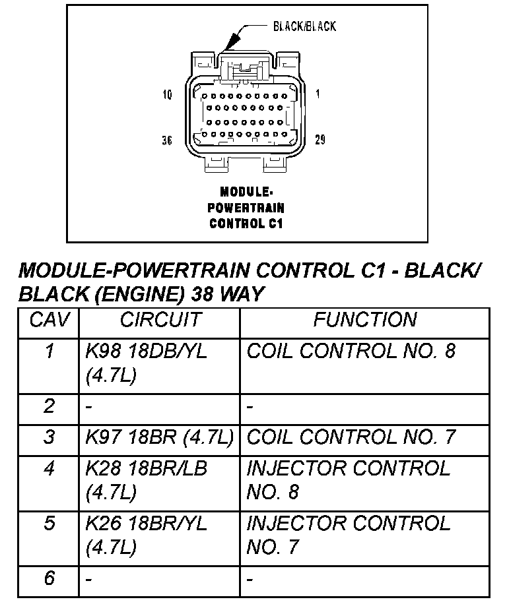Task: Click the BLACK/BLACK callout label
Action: click(x=304, y=26)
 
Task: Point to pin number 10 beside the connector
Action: click(x=167, y=95)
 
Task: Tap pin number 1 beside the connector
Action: click(x=318, y=94)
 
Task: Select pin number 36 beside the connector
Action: click(x=167, y=140)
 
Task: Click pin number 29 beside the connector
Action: click(x=320, y=140)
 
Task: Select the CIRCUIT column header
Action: click(x=159, y=321)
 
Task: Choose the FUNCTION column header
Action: click(x=364, y=321)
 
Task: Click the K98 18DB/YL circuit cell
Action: click(x=146, y=363)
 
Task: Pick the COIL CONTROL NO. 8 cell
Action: click(x=351, y=351)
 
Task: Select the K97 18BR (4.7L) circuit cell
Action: click(x=159, y=437)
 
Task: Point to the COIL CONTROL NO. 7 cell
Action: click(x=351, y=437)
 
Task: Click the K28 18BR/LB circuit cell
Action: click(x=146, y=480)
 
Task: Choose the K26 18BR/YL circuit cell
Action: click(x=146, y=535)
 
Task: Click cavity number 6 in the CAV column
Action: click(x=49, y=578)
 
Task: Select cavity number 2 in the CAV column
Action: click(x=49, y=406)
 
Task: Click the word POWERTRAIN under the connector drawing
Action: click(x=246, y=208)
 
